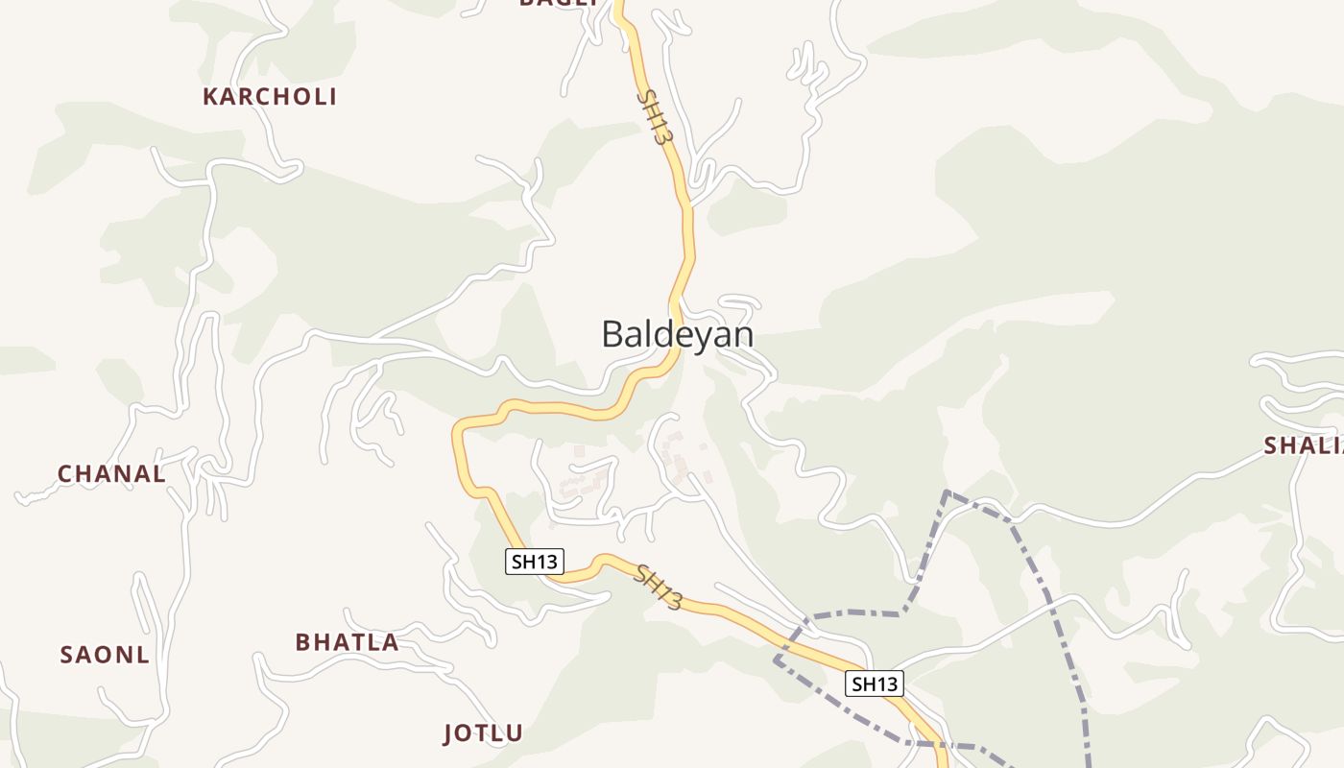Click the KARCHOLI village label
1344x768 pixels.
[270, 97]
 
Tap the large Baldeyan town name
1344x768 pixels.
[677, 334]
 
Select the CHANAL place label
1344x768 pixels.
[111, 474]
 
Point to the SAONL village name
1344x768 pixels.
[105, 655]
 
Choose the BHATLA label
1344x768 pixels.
[347, 642]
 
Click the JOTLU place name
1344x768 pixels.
[483, 734]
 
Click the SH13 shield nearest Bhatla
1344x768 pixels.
[534, 562]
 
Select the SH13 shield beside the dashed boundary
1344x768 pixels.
[875, 684]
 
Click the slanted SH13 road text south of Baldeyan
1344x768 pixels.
[659, 588]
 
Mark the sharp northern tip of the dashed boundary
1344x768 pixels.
[947, 492]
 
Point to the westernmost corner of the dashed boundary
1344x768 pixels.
[776, 660]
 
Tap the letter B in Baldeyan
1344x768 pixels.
[612, 334]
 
